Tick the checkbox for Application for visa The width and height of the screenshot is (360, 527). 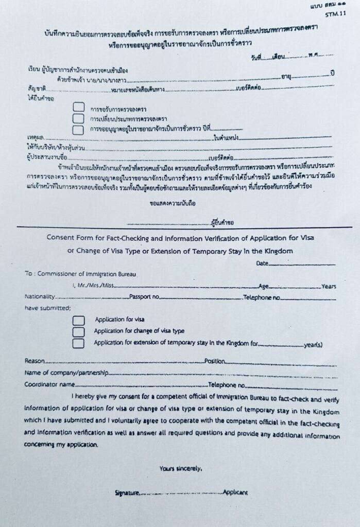(x=78, y=320)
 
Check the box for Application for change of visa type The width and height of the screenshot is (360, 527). (x=78, y=331)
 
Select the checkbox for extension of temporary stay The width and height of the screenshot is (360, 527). (x=78, y=343)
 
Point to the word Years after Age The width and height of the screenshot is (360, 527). (x=329, y=286)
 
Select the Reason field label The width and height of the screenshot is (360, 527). (x=35, y=361)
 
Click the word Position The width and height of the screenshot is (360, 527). (x=216, y=361)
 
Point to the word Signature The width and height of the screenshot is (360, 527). (x=127, y=493)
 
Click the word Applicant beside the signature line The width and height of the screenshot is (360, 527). (x=235, y=493)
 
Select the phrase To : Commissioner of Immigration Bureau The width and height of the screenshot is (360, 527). (x=80, y=274)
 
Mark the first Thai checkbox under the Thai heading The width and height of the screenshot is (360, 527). (x=78, y=108)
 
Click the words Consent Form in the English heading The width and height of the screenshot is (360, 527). (x=67, y=238)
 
